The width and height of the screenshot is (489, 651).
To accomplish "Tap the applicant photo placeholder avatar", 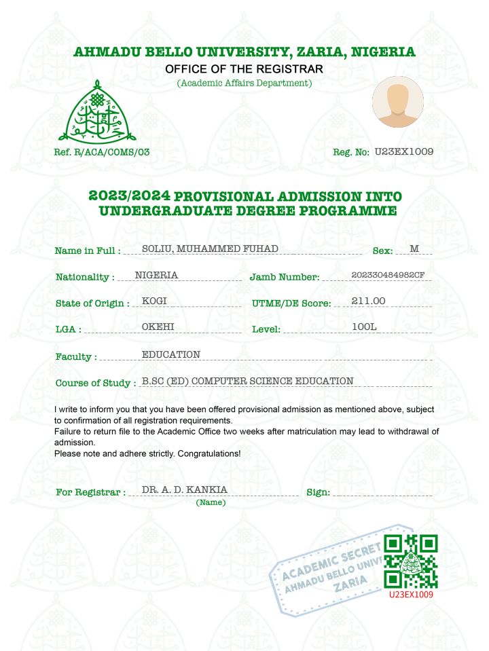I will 397,103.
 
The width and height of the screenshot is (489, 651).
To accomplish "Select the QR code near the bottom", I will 411,561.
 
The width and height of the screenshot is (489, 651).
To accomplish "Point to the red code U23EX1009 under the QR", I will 411,594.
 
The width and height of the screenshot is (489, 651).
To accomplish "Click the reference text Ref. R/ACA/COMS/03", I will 102,153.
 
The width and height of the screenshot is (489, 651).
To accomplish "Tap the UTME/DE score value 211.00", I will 369,301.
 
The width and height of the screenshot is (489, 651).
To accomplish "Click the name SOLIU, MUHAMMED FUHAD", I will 210,248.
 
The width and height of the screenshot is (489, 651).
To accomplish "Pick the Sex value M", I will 414,248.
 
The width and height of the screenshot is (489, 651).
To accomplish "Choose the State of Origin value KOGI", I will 154,301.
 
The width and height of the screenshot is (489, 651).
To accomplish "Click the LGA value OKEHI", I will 158,327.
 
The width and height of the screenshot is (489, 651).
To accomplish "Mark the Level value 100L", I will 364,327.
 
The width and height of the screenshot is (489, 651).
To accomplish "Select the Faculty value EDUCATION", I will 170,354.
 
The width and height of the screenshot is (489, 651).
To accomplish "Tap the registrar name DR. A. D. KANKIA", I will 185,489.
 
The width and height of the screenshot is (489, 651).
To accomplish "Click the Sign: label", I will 319,492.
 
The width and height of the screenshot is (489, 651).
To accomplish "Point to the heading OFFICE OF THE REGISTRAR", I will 244,69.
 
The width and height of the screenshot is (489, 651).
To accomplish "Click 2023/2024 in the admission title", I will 129,196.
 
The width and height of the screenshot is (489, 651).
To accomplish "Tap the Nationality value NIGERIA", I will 157,275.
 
